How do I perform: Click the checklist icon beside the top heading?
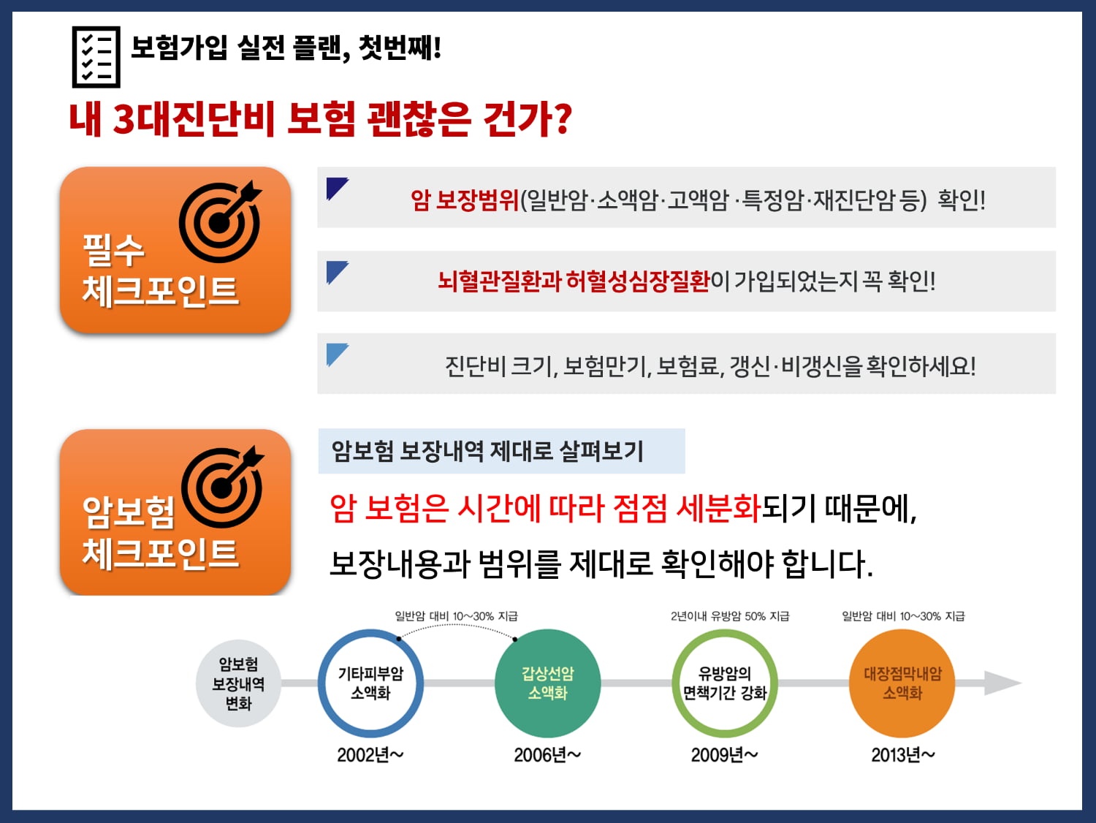coord(96,57)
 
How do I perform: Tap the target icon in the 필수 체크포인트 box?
coord(221,221)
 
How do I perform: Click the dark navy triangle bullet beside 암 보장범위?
coord(338,189)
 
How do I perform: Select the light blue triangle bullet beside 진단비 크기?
coord(338,354)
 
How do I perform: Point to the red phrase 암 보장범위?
coord(465,200)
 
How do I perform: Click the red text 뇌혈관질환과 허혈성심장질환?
coord(574,281)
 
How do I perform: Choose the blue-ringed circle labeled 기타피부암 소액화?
coord(370,683)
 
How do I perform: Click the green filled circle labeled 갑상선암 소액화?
coord(548,683)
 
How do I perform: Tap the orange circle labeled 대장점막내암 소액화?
coord(902,683)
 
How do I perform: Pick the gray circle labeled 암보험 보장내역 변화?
coord(239,683)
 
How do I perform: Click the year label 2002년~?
coord(370,755)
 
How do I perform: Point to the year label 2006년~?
coord(547,755)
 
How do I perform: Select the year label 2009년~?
coord(725,755)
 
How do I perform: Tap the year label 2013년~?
coord(903,755)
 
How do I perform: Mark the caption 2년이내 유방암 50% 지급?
coord(730,616)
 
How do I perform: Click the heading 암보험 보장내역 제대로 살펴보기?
coord(487,451)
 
